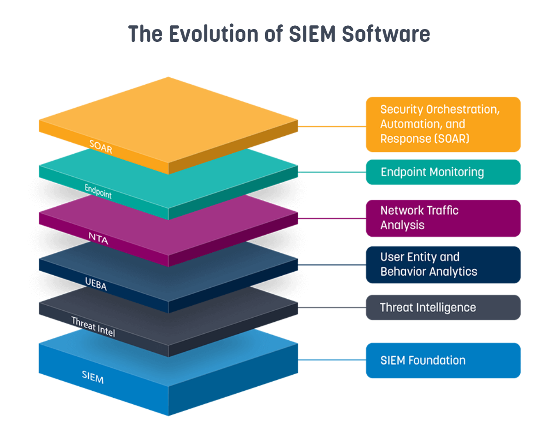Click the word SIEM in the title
click(x=312, y=34)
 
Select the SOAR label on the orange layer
click(x=101, y=147)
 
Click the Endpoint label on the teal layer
click(x=98, y=192)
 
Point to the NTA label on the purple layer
click(x=98, y=238)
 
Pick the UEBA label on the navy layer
click(x=96, y=284)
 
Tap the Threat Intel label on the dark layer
click(x=93, y=327)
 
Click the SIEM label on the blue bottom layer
click(x=93, y=377)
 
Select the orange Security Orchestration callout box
click(x=443, y=124)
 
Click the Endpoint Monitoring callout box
click(x=443, y=172)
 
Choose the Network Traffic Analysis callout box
click(x=443, y=218)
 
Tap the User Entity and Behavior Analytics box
click(x=443, y=265)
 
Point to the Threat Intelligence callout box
click(x=443, y=308)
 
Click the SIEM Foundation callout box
click(x=443, y=360)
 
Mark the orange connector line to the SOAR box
click(x=332, y=127)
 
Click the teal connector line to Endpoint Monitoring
click(x=332, y=172)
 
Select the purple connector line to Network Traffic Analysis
click(x=332, y=219)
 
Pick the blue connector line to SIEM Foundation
click(x=332, y=360)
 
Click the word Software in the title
click(x=386, y=34)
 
